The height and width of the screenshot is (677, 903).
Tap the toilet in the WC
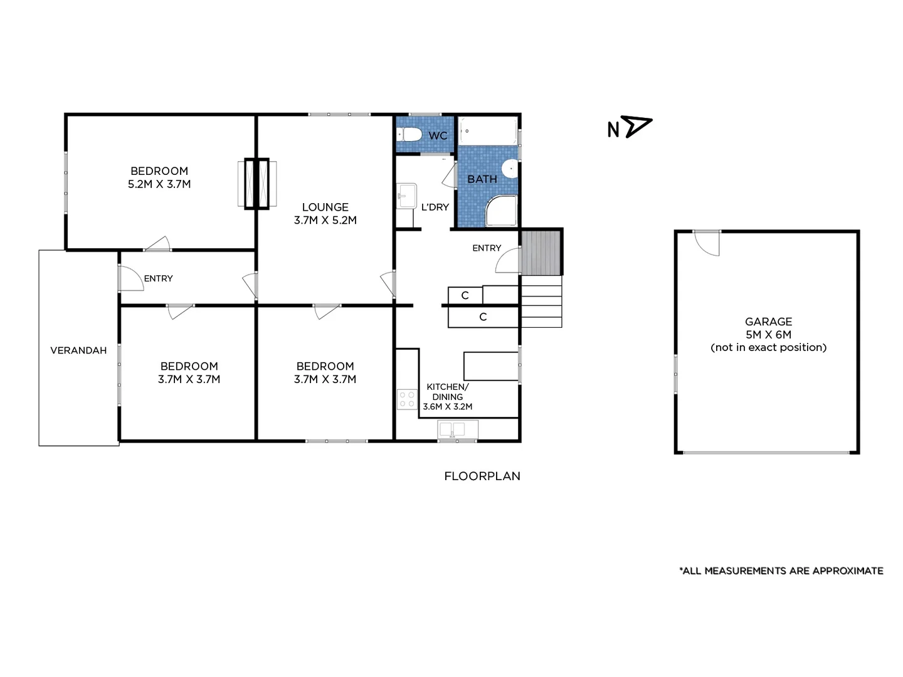click(x=411, y=134)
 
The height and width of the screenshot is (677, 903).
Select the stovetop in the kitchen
click(x=407, y=399)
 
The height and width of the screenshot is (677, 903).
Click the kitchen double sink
click(x=458, y=430)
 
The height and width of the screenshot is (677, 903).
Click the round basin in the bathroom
click(x=511, y=167)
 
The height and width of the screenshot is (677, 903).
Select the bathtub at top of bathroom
click(x=487, y=131)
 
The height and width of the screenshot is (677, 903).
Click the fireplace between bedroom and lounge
click(x=256, y=183)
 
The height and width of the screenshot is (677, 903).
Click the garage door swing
click(x=707, y=243)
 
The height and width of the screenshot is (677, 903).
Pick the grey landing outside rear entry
click(x=541, y=252)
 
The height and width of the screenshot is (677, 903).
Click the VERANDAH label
click(x=78, y=350)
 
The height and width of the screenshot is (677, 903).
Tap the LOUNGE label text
click(x=325, y=207)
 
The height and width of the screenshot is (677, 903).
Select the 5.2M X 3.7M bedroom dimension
click(x=159, y=184)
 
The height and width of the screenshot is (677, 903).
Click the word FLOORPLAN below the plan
click(x=482, y=476)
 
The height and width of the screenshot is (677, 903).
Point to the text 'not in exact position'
click(x=768, y=347)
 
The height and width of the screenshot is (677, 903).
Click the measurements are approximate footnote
click(x=781, y=570)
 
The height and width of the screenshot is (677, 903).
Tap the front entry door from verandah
click(x=130, y=278)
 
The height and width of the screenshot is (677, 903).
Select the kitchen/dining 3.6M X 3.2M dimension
click(x=447, y=406)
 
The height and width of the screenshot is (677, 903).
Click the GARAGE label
click(x=768, y=322)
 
